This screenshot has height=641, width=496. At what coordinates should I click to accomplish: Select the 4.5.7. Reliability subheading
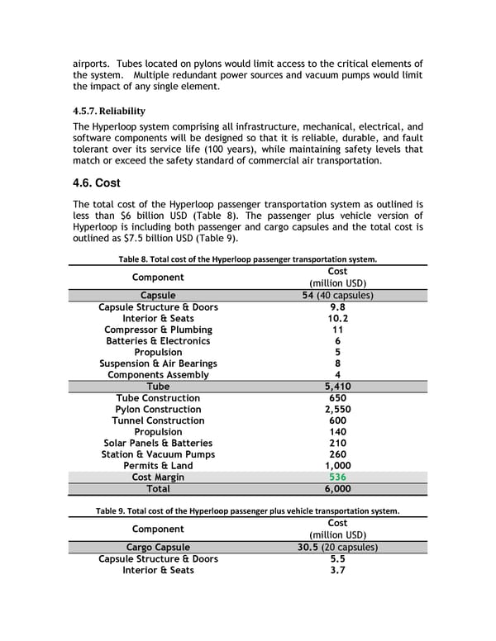109,111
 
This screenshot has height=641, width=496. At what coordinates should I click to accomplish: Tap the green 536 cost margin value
337,477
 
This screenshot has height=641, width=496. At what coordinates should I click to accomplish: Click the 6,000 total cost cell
337,489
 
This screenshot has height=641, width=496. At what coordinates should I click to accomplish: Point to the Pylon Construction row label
158,409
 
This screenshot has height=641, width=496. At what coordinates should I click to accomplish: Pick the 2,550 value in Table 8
337,409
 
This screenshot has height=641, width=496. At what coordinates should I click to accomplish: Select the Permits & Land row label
158,466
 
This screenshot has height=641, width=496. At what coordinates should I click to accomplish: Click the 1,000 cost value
337,466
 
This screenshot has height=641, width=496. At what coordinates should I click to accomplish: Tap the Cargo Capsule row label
158,547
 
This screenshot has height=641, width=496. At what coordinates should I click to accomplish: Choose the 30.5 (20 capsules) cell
337,547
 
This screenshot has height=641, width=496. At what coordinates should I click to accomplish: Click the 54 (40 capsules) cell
337,296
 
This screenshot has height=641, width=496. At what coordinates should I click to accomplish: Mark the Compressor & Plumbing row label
158,330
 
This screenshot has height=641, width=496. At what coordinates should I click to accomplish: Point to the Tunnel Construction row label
158,420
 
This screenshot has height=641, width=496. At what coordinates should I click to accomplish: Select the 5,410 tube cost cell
337,387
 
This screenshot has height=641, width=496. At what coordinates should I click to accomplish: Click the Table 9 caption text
247,510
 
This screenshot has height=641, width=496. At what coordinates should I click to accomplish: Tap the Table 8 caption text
248,259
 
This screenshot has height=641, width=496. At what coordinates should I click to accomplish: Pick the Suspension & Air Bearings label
158,363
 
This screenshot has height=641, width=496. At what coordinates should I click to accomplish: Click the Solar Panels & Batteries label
158,443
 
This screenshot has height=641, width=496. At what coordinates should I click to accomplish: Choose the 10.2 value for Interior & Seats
337,318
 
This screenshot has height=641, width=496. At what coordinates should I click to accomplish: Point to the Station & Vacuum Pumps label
158,454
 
